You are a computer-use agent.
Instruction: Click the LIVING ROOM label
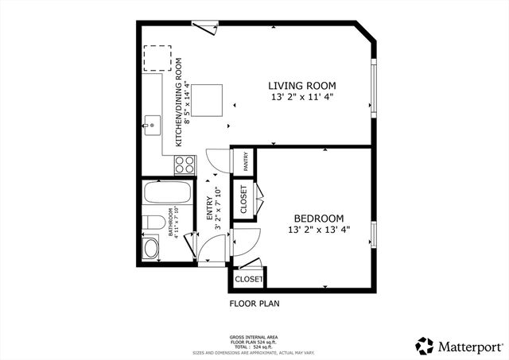(x=301, y=86)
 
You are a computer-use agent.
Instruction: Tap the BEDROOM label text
(x=318, y=219)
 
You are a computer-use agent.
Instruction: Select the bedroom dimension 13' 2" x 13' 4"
(x=318, y=230)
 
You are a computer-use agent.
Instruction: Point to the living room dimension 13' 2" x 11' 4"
(x=301, y=97)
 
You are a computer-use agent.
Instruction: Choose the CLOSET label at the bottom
(x=248, y=279)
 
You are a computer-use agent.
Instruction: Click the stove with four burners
(x=185, y=165)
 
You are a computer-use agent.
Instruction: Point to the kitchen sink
(x=151, y=125)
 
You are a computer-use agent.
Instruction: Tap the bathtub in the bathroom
(x=167, y=193)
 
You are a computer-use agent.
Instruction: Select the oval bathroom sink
(x=151, y=248)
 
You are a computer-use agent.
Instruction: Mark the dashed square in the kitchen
(x=157, y=58)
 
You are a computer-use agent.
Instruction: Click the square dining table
(x=207, y=99)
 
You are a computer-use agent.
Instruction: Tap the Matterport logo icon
(x=425, y=346)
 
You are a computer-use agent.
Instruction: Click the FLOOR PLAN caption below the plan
(x=254, y=303)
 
